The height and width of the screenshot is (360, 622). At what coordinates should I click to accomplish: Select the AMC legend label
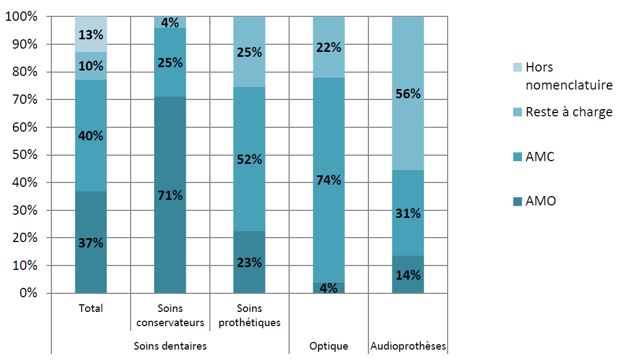click(x=540, y=157)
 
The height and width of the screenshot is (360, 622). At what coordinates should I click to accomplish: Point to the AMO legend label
click(x=541, y=202)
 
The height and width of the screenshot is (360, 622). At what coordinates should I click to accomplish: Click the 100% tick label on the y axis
click(x=21, y=17)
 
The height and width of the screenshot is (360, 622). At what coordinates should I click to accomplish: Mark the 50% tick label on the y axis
click(x=24, y=155)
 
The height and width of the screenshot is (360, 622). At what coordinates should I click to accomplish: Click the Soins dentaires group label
click(x=170, y=346)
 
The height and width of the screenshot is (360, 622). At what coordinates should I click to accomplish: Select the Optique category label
click(x=328, y=346)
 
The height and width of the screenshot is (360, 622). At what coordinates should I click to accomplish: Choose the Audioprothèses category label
click(x=408, y=346)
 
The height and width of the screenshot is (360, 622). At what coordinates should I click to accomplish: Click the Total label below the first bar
click(x=91, y=309)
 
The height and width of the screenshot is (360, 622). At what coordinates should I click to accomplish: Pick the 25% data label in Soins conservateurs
click(x=170, y=62)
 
